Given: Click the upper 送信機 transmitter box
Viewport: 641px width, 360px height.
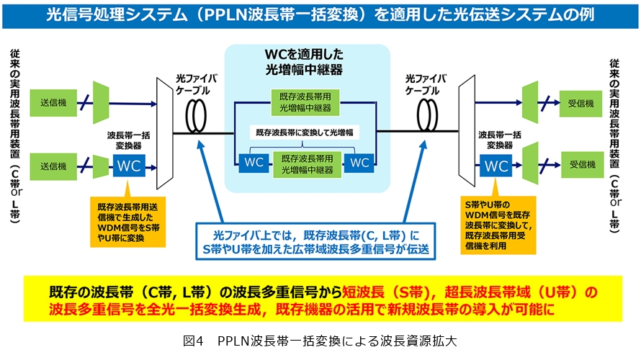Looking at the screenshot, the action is (x=53, y=102).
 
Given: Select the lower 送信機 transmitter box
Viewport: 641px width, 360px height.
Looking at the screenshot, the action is (x=53, y=166).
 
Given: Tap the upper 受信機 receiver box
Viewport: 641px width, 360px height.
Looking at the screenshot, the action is (x=581, y=104).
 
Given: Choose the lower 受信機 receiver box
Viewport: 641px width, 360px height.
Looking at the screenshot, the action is (x=582, y=165).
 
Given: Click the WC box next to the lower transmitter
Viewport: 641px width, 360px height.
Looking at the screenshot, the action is (x=129, y=166).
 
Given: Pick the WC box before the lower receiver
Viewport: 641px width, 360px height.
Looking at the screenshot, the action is (x=496, y=166).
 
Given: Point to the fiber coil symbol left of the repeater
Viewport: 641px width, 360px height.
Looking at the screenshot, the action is (x=196, y=116).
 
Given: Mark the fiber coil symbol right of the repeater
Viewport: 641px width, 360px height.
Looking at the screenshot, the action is (x=427, y=116).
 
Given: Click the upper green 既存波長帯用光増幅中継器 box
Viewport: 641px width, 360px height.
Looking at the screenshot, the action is (x=305, y=102).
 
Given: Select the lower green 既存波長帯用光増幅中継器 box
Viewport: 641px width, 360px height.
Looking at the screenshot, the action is (x=307, y=164).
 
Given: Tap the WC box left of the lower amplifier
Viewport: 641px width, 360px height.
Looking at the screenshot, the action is (x=254, y=163).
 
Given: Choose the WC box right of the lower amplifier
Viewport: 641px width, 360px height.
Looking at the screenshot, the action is (x=359, y=163).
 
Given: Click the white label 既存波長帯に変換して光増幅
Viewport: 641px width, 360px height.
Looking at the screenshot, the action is (x=305, y=132).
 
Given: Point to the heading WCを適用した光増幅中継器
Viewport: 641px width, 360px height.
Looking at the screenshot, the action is (x=304, y=62).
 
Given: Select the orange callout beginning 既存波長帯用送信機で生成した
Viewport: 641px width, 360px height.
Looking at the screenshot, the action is (x=128, y=222).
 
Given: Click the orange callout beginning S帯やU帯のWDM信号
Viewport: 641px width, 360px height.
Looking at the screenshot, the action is (x=498, y=225).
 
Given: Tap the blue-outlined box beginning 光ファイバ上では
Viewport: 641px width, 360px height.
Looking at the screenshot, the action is (x=315, y=241).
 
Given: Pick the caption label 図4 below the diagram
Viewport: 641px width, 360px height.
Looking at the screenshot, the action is (x=193, y=341).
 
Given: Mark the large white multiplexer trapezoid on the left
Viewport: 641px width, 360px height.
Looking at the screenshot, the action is (x=165, y=134).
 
